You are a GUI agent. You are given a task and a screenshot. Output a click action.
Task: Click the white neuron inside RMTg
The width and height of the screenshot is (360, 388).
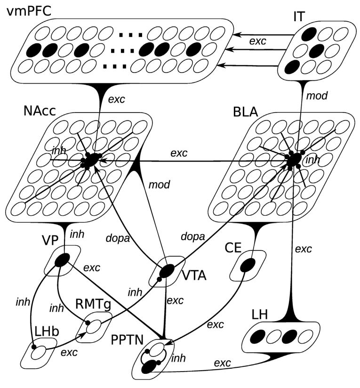click(94, 326)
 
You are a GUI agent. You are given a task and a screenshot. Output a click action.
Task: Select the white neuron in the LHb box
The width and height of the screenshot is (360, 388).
click(38, 352)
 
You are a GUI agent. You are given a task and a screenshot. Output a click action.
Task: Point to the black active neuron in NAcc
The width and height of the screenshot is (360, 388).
click(92, 160)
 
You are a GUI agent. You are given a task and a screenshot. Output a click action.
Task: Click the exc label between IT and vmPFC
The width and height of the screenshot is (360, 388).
click(257, 41)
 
